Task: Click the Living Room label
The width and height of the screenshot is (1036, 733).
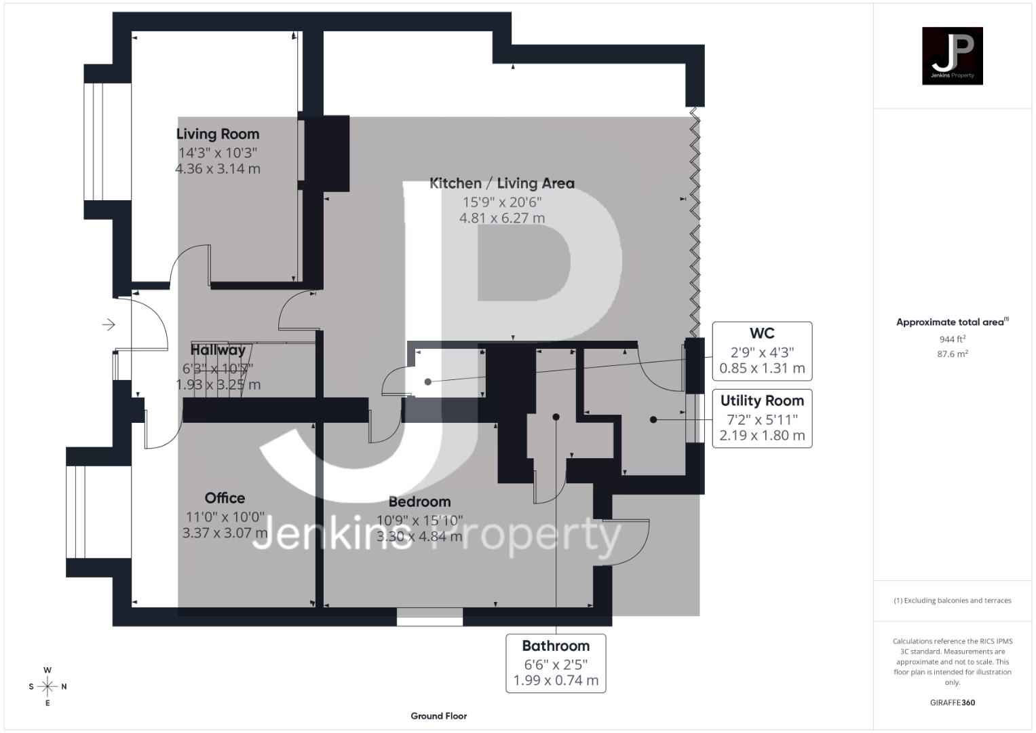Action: pyautogui.click(x=218, y=134)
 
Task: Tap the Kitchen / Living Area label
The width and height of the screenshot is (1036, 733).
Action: pyautogui.click(x=501, y=183)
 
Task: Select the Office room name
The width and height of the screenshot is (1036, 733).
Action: pyautogui.click(x=225, y=497)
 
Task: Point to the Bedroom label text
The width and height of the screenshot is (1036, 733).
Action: pyautogui.click(x=419, y=502)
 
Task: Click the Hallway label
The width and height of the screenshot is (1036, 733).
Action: pyautogui.click(x=218, y=350)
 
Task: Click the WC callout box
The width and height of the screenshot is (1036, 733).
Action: pyautogui.click(x=762, y=351)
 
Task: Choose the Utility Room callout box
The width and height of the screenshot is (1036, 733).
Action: pyautogui.click(x=762, y=418)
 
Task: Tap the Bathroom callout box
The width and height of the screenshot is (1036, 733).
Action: pyautogui.click(x=556, y=663)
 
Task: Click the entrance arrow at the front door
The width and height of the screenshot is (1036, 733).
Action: pyautogui.click(x=109, y=325)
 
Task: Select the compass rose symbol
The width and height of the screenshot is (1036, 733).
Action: pyautogui.click(x=47, y=687)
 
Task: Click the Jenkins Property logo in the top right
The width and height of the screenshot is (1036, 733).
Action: pyautogui.click(x=952, y=56)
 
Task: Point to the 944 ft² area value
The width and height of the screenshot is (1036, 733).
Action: pyautogui.click(x=952, y=339)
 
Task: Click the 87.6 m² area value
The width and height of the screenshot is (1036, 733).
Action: pyautogui.click(x=952, y=354)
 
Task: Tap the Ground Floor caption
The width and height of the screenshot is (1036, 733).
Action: pyautogui.click(x=438, y=716)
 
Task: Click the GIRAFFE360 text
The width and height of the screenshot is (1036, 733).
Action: pyautogui.click(x=952, y=702)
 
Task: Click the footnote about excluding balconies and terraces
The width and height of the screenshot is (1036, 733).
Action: pyautogui.click(x=952, y=601)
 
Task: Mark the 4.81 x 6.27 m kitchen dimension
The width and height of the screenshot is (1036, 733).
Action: pyautogui.click(x=501, y=218)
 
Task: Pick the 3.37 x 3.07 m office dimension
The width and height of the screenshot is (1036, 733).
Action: pyautogui.click(x=225, y=533)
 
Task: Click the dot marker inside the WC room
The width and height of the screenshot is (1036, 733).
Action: pyautogui.click(x=428, y=382)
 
